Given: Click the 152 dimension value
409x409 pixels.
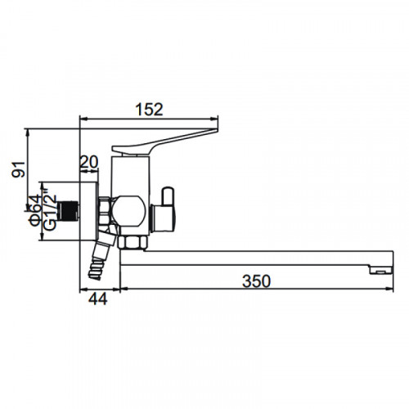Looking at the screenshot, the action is click(x=149, y=109).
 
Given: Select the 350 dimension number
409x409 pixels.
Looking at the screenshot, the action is click(x=256, y=281).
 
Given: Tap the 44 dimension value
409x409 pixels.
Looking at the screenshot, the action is click(x=98, y=299).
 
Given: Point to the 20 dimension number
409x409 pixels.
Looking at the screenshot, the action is click(x=88, y=162).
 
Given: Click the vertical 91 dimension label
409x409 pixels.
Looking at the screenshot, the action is click(x=19, y=169).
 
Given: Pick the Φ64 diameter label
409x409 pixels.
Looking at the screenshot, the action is click(x=36, y=211).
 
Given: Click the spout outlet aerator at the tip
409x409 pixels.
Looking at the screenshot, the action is click(x=380, y=270).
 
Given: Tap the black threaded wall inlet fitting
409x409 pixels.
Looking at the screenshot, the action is click(x=69, y=211).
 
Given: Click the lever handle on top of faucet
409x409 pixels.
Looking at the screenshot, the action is click(x=165, y=142).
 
